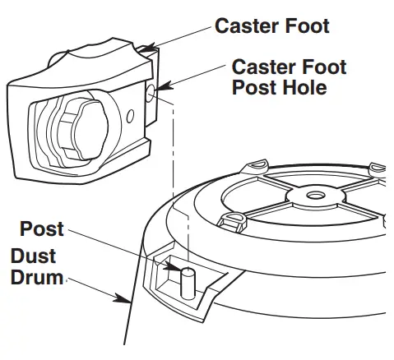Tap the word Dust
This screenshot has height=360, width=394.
34,256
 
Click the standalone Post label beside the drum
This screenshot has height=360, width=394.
42,228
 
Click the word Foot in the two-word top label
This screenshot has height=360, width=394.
301,26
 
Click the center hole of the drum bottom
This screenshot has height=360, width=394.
314,197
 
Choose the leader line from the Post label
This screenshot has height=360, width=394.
123,248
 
